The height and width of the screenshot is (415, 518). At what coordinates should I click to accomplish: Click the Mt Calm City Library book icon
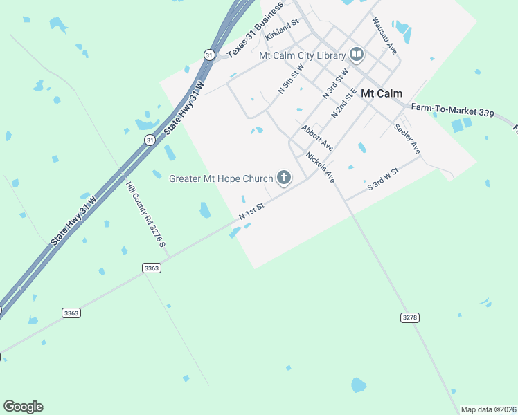coord(357,55)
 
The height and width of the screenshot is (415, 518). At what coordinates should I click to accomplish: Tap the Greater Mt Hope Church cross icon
coord(283,178)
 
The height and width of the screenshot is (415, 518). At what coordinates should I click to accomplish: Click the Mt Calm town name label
coord(382,93)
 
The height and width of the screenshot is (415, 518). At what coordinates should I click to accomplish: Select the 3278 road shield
coord(410,317)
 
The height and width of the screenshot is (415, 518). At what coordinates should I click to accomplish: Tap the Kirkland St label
coord(281,29)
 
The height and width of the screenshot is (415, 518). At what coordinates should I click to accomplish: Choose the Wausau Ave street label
coord(384,37)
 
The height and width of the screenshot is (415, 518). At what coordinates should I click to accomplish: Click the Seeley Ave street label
coord(407,138)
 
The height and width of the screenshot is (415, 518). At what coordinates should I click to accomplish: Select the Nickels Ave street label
coord(321,168)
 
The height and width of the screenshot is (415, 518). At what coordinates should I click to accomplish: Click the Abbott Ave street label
coord(317,138)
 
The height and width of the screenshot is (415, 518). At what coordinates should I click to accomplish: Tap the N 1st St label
coord(252,212)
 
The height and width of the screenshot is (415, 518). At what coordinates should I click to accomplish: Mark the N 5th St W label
coord(292,80)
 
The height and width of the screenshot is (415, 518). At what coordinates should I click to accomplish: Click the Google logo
coord(23,407)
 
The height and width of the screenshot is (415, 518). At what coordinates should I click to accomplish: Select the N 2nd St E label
coord(343,102)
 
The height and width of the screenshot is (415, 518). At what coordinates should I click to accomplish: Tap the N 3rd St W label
coord(335,82)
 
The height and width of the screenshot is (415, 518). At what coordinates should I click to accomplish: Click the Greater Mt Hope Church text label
coord(221,178)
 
